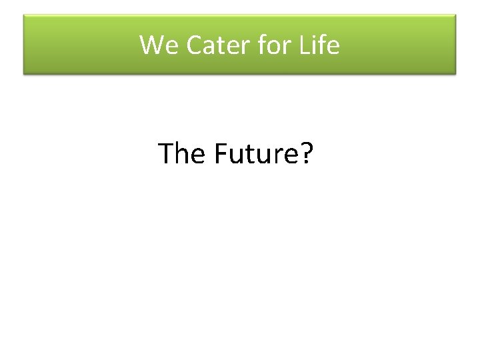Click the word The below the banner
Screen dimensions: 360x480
(182, 154)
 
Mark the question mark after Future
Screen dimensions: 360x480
(306, 154)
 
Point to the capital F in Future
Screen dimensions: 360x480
(221, 154)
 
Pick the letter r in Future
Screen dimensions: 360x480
(279, 156)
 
